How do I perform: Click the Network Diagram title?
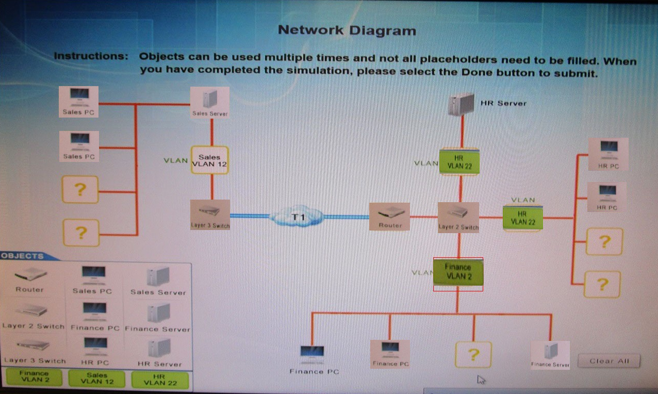point(347,30)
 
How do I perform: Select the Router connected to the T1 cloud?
point(389,216)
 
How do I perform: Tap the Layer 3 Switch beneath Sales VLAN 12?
point(210,214)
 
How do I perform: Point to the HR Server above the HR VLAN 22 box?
point(461,103)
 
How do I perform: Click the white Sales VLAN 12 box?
point(209,160)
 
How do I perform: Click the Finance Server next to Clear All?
point(550,354)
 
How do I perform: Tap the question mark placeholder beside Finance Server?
point(473,354)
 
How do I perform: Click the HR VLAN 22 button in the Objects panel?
point(160,380)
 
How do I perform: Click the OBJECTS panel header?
point(23,256)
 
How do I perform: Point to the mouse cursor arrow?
point(481,380)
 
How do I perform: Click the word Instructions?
point(91,56)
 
